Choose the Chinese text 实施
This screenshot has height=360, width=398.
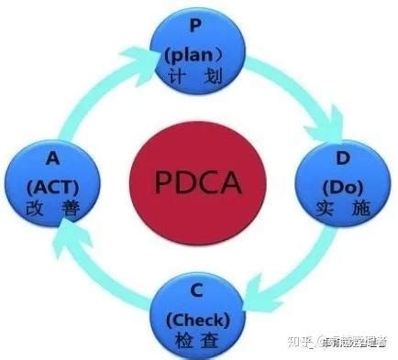pos(344,208)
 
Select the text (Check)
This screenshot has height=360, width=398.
pos(201,320)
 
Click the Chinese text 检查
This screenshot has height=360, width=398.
pos(201,344)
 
